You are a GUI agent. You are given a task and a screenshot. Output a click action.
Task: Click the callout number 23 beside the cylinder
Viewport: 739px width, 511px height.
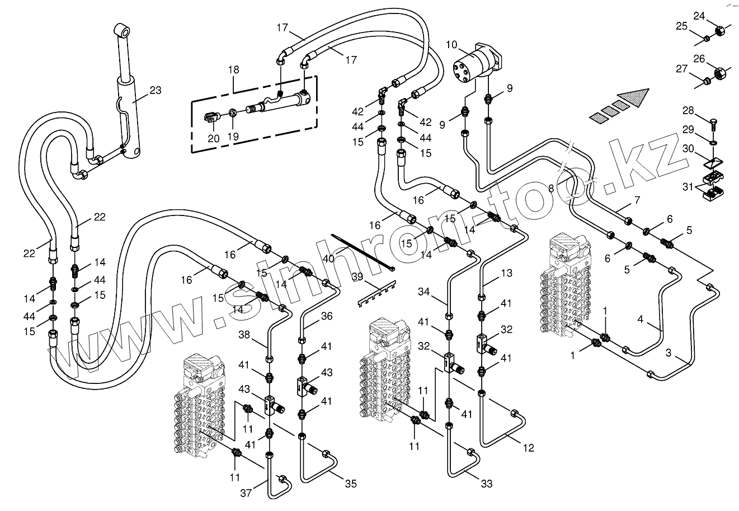(156, 90)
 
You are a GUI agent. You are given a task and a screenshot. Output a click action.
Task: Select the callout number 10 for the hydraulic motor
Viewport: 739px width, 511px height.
(452, 44)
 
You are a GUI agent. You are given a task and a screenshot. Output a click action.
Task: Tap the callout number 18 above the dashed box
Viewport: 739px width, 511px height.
(233, 70)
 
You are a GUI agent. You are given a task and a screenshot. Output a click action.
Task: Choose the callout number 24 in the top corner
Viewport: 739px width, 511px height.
(699, 16)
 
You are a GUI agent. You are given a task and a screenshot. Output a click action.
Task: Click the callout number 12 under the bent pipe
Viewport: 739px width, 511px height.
(529, 448)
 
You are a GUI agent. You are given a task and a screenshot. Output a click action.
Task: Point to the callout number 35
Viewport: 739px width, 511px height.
(350, 484)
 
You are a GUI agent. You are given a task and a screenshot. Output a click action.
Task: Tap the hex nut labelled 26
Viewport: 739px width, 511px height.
(722, 73)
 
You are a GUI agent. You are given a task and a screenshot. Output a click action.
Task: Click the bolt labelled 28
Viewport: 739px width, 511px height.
(714, 120)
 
